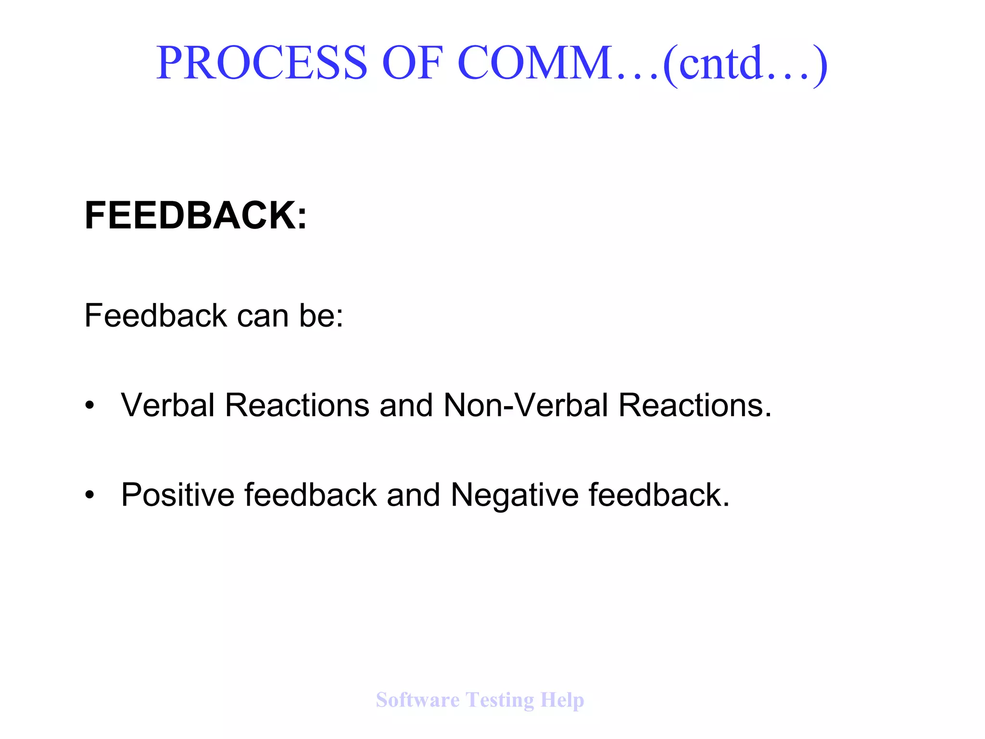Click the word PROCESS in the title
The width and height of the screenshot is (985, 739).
coord(262,63)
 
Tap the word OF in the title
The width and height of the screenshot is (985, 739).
coord(412,63)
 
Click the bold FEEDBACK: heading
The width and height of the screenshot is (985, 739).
coord(195,215)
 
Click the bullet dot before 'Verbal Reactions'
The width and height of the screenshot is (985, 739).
coord(89,405)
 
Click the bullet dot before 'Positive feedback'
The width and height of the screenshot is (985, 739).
coord(89,495)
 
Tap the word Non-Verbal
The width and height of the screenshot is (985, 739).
coord(526,405)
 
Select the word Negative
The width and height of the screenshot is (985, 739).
coord(514,496)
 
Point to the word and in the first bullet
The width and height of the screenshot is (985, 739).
coord(406,405)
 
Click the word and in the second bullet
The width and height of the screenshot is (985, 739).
coord(413,495)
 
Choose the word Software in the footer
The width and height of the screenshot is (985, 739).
coord(417,700)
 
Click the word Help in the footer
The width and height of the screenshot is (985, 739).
coord(562,701)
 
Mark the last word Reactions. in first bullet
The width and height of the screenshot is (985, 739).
coord(695,405)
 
